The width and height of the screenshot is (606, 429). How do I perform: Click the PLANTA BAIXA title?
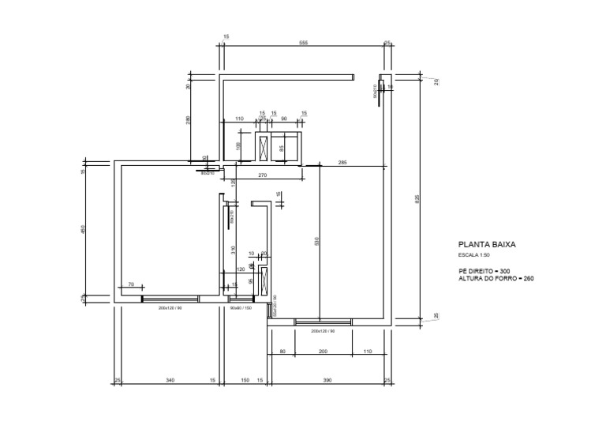click(486, 246)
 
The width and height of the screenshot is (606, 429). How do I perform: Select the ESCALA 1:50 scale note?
click(474, 256)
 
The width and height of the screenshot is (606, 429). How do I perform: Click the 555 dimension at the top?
click(303, 43)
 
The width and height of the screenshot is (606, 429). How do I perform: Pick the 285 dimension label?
click(342, 162)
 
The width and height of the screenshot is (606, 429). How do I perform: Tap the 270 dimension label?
click(263, 175)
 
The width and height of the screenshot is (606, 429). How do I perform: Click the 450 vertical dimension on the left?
click(83, 229)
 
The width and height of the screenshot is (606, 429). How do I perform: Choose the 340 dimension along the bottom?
click(170, 381)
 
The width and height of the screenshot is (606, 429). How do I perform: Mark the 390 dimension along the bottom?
click(327, 381)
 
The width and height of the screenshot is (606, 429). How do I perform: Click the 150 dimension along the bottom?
click(245, 381)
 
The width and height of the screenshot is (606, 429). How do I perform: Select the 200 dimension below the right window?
click(322, 352)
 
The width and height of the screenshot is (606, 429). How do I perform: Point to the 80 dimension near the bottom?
click(282, 352)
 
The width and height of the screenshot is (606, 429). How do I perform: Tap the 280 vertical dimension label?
click(189, 120)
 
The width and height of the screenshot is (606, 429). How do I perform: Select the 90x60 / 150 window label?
click(240, 308)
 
